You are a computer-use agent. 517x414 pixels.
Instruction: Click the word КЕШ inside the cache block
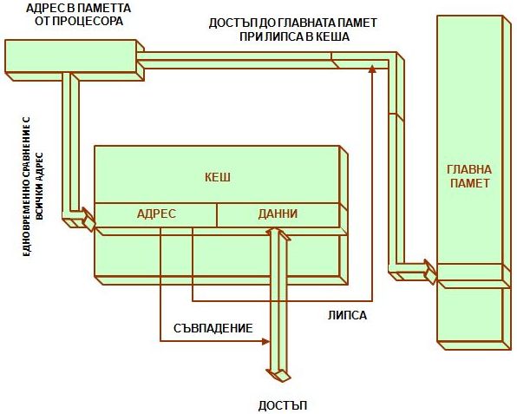pyautogui.click(x=218, y=177)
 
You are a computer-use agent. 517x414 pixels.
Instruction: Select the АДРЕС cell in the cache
pyautogui.click(x=156, y=215)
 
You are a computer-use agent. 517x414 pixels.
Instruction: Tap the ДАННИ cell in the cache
pyautogui.click(x=278, y=215)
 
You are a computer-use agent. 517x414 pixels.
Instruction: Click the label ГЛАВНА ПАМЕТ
pyautogui.click(x=469, y=176)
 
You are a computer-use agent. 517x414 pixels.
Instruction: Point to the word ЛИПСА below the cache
pyautogui.click(x=347, y=315)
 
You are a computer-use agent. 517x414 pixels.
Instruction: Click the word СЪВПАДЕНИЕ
pyautogui.click(x=213, y=328)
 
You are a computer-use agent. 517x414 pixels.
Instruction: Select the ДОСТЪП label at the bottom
pyautogui.click(x=283, y=405)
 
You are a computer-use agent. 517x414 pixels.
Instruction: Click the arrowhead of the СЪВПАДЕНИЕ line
pyautogui.click(x=266, y=341)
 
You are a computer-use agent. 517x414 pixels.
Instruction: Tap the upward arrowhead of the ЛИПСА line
pyautogui.click(x=372, y=69)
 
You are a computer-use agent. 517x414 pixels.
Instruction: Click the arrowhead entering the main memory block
pyautogui.click(x=430, y=272)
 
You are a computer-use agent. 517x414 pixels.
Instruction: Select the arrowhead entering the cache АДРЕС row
pyautogui.click(x=88, y=219)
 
